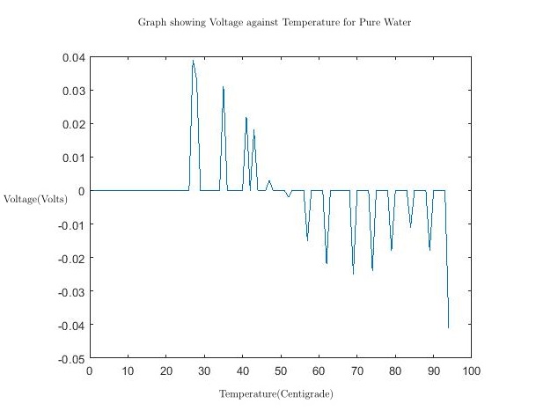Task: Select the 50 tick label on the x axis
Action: coord(280,370)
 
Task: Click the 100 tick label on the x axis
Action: coord(471,370)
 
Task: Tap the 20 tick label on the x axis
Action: coord(165,370)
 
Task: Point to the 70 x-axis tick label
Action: coord(356,370)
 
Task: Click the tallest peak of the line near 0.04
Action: coord(193,61)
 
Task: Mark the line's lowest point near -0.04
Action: coord(448,327)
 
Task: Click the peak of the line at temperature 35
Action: coord(224,86)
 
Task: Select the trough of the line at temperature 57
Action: coord(307,239)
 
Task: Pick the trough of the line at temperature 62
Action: coord(327,263)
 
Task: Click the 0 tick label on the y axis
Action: coord(80,191)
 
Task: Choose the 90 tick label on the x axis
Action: coord(433,370)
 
